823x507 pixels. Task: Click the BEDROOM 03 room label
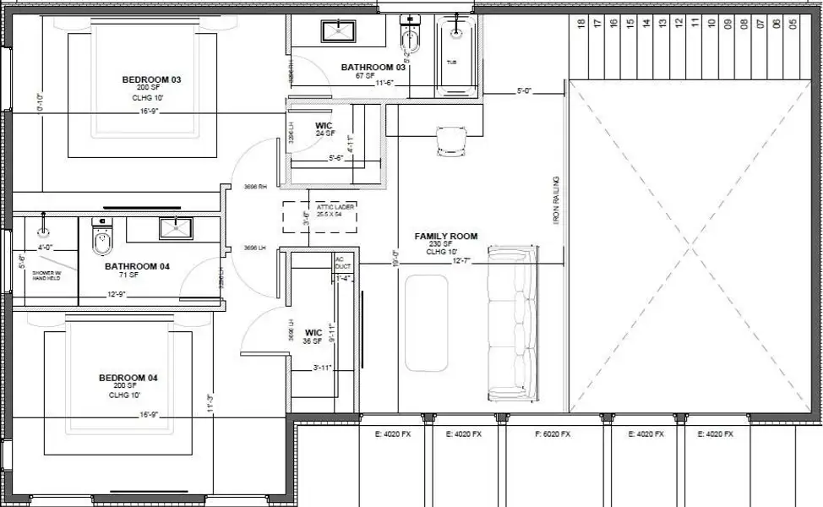[152, 80]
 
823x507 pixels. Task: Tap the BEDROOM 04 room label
[128, 378]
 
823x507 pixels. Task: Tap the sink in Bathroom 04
[176, 227]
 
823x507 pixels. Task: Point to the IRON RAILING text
[556, 199]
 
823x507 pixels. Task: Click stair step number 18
[581, 24]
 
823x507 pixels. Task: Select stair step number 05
[793, 24]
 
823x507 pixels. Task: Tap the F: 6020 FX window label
[553, 434]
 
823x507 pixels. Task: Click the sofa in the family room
[513, 324]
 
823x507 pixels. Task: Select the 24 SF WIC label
[324, 129]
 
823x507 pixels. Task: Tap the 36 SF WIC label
[313, 336]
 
